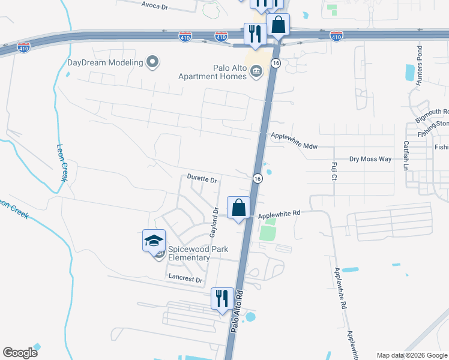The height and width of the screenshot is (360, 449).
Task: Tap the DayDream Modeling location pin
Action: click(153, 62)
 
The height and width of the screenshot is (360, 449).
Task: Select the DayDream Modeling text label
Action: click(105, 62)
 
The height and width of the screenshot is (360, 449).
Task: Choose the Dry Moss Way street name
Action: click(370, 159)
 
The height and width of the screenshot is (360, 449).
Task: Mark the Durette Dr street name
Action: click(201, 179)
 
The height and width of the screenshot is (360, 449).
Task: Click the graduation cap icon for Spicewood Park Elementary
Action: click(154, 241)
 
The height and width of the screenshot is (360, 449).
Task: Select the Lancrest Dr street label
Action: click(186, 278)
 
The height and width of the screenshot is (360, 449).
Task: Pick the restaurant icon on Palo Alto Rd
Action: click(222, 298)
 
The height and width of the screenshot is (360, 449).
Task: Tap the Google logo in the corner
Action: click(20, 352)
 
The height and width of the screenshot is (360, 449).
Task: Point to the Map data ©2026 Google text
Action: click(411, 355)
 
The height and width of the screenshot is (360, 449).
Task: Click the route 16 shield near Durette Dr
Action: click(256, 179)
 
